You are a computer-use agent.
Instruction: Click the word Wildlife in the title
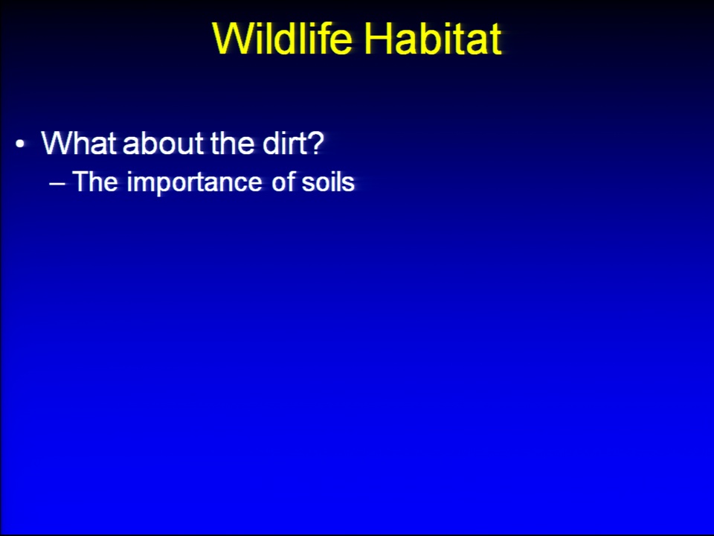(x=283, y=38)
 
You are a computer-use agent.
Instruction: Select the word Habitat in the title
(x=433, y=38)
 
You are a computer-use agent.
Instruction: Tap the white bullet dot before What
(x=19, y=144)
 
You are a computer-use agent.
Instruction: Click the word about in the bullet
(x=164, y=143)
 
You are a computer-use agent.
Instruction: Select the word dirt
(x=283, y=143)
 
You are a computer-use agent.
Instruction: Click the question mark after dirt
(x=315, y=143)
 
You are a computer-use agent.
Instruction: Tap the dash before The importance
(x=57, y=183)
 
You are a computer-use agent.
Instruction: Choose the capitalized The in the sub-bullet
(x=95, y=182)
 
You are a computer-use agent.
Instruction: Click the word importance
(x=194, y=183)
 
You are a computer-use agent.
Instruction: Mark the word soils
(x=328, y=182)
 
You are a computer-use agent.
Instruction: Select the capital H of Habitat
(x=379, y=38)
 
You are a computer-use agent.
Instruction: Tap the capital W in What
(x=57, y=143)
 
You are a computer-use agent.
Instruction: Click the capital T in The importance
(x=80, y=182)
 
